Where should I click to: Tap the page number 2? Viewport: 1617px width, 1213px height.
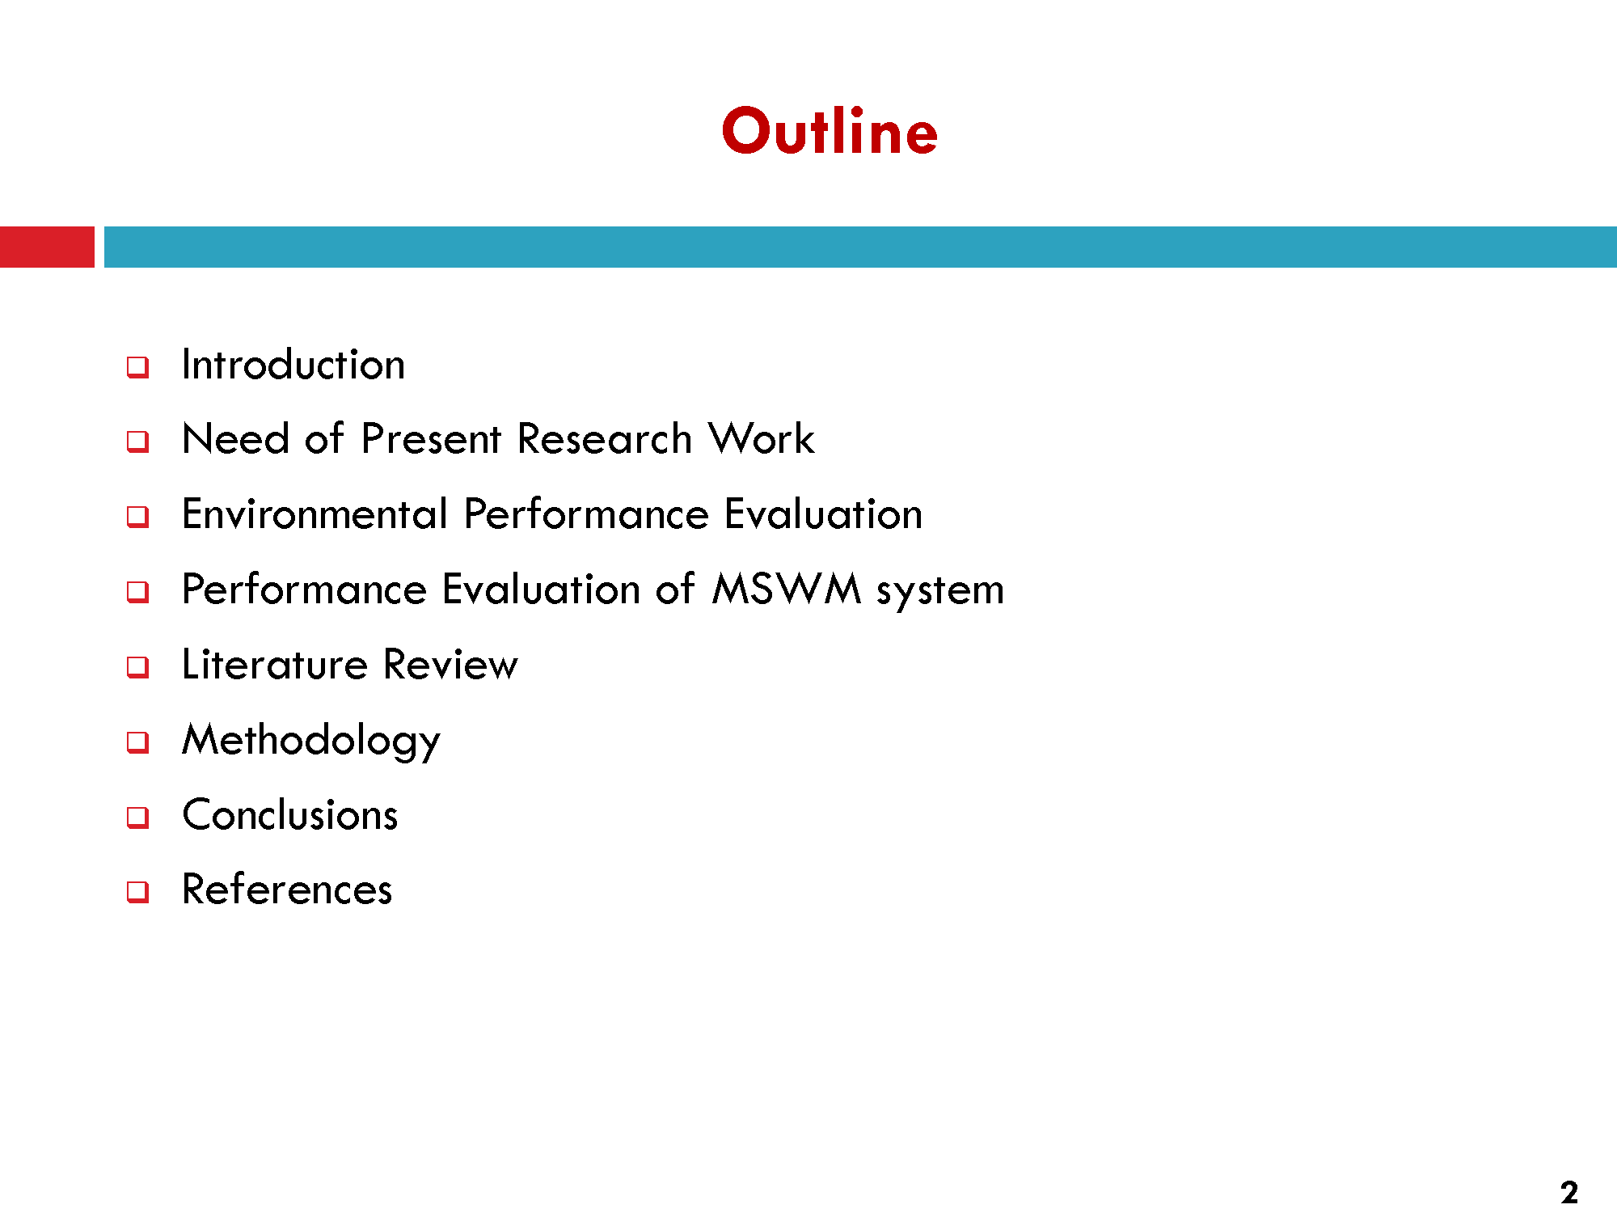1569,1193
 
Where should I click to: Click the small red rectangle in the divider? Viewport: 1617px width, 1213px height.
47,247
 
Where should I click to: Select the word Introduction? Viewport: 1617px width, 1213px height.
293,364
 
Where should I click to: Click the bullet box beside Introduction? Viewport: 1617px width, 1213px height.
138,367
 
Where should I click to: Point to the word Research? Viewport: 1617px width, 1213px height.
605,439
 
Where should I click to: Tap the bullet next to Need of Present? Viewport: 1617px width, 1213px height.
138,442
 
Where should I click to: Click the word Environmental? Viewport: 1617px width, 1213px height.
315,514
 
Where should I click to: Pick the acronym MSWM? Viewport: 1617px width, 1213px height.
787,589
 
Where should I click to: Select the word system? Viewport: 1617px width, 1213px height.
940,591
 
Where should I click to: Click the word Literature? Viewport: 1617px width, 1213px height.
275,665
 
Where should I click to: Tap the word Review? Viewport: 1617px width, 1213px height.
450,665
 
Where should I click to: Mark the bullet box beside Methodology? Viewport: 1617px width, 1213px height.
138,742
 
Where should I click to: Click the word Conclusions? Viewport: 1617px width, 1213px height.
290,814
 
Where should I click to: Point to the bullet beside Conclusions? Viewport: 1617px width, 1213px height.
138,818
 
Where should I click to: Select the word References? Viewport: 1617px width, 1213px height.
287,890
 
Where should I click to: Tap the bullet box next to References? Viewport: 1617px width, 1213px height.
138,892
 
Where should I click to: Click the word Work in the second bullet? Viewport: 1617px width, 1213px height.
762,439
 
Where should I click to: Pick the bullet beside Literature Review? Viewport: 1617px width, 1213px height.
138,667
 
